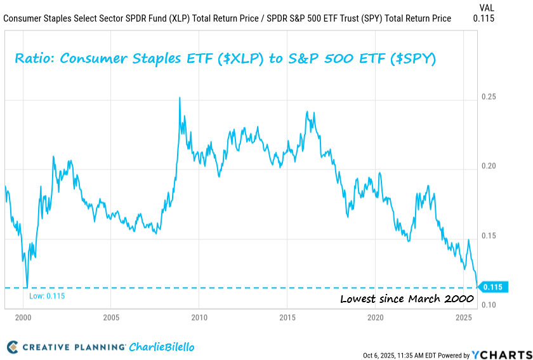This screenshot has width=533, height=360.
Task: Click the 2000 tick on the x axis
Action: pos(23,317)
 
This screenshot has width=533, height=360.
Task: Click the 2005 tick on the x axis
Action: pos(111,317)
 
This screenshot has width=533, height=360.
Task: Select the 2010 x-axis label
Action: pos(199,317)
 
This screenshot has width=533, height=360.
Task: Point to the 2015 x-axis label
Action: pos(287,317)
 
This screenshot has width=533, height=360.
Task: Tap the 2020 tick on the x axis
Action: pos(375,317)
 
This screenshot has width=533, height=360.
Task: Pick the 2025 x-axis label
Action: pos(463,317)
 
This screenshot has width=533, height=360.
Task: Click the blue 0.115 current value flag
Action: pos(492,288)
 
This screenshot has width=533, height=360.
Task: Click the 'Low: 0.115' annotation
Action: pos(47,296)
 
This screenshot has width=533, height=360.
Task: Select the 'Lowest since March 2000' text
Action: pos(407,299)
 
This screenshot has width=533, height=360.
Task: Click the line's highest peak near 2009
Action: pos(180,98)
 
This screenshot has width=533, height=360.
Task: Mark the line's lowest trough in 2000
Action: pos(27,286)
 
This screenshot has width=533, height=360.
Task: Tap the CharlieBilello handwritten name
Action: pos(162,347)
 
